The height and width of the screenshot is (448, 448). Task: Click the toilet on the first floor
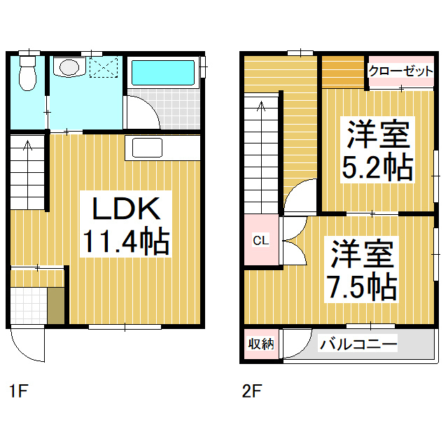27,73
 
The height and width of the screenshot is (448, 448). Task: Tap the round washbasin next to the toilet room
69,67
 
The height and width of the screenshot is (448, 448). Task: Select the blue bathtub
163,73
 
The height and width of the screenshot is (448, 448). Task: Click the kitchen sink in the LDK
147,148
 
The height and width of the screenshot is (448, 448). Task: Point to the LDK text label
126,209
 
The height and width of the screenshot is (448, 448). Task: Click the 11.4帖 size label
126,241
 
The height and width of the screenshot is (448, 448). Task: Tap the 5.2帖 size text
377,167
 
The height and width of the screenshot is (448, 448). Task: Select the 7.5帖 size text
362,286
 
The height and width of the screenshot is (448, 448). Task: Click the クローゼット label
401,71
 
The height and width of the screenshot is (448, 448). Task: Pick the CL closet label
261,240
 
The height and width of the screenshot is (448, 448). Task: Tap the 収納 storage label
261,344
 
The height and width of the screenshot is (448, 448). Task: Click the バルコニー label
358,344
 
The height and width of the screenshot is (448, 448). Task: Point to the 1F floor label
19,391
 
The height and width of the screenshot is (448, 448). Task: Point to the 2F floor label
252,391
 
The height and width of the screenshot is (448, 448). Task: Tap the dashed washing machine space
104,67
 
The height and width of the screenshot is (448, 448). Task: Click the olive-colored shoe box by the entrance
56,306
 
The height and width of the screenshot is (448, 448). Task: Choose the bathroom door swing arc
151,106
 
